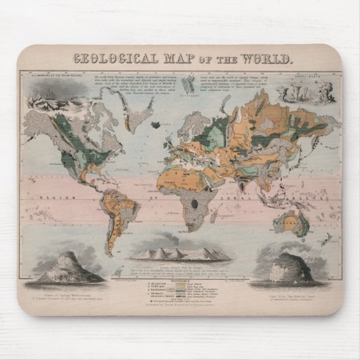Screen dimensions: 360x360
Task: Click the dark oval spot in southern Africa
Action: (x=196, y=202)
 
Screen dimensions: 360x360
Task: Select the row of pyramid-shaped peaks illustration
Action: (x=179, y=255)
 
